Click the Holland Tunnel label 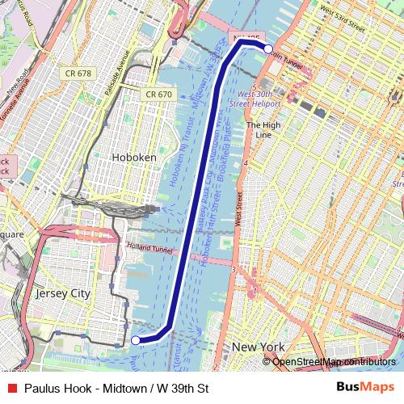[x=151, y=250]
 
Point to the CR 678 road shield [x=78, y=74]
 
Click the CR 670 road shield [x=158, y=95]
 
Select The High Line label [x=263, y=130]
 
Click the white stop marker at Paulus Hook [x=136, y=340]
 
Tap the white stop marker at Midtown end [x=267, y=48]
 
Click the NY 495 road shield [x=245, y=38]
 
